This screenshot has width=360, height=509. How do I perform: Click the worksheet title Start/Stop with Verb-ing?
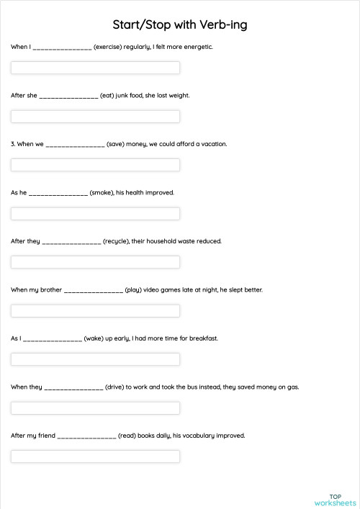[x=180, y=24]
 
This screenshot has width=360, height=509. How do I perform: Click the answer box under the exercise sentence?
[x=95, y=68]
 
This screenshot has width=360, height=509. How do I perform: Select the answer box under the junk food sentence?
[x=95, y=117]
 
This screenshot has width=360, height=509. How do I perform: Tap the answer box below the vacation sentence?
[x=95, y=165]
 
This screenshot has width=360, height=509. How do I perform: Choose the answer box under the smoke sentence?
[x=95, y=214]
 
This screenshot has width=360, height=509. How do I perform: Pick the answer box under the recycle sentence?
[x=95, y=262]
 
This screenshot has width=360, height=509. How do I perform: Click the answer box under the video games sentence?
[x=95, y=311]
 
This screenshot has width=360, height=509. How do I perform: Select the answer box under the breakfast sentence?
[x=95, y=359]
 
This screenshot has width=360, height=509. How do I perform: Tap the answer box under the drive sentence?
[x=95, y=408]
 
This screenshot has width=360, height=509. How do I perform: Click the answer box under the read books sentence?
[x=95, y=456]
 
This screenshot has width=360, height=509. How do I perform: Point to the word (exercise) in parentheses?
[x=108, y=47]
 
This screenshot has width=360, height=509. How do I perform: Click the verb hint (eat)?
[x=107, y=95]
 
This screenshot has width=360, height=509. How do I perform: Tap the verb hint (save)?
[x=115, y=144]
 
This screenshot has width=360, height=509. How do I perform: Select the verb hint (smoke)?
[x=102, y=192]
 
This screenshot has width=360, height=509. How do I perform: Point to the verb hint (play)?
[x=133, y=289]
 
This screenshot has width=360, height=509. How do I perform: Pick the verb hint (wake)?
[x=94, y=338]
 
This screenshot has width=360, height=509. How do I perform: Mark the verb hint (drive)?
[x=115, y=387]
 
